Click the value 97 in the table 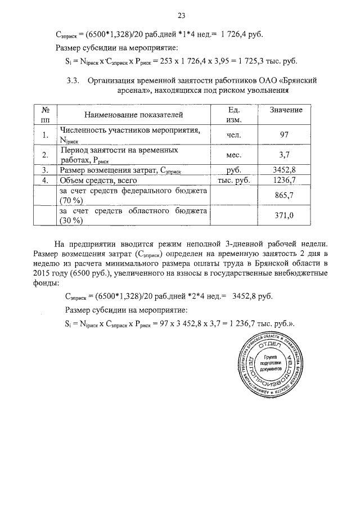point(283,135)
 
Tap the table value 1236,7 point(283,180)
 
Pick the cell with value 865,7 point(283,196)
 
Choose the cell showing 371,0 point(283,215)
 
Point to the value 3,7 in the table point(283,154)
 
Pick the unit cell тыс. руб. point(229,180)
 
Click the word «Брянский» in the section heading point(299,80)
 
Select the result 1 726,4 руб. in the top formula point(232,33)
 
